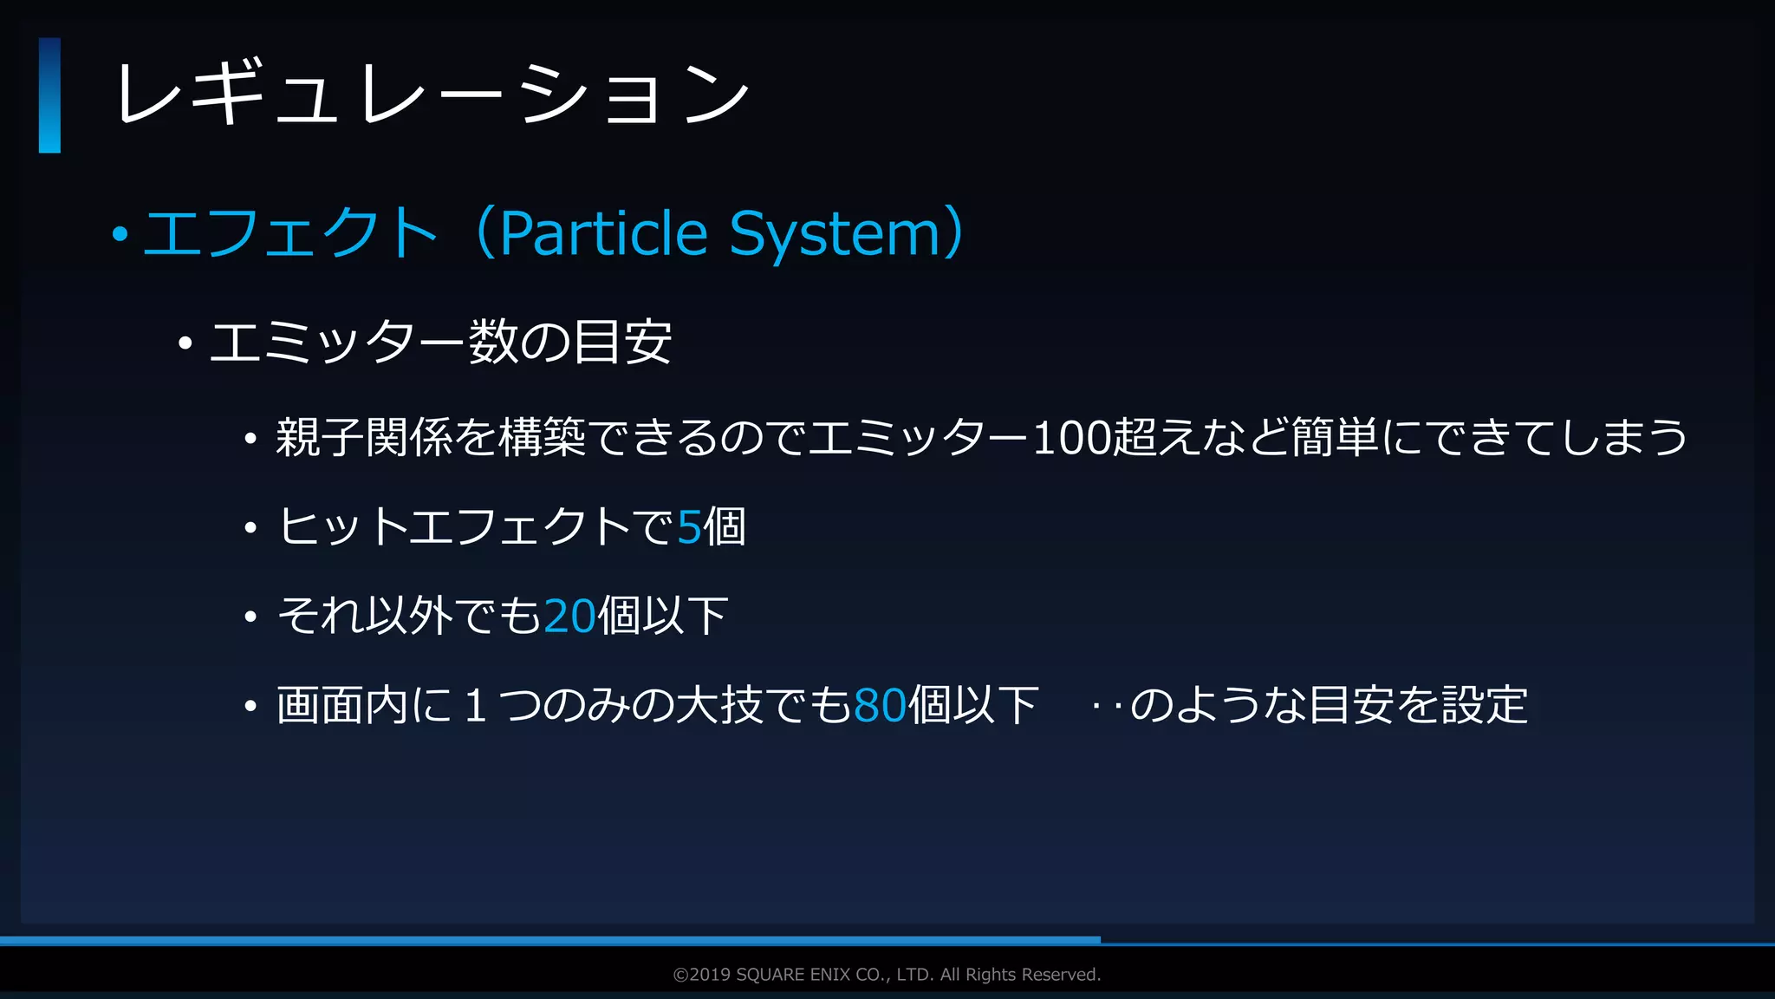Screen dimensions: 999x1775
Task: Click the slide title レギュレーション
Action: (x=431, y=94)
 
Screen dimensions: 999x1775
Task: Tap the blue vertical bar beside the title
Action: (x=49, y=95)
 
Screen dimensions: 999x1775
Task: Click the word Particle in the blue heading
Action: (x=604, y=233)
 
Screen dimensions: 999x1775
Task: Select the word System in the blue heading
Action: (x=835, y=234)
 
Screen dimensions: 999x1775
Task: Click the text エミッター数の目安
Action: (x=440, y=343)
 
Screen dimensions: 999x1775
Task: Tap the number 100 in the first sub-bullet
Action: (x=1071, y=438)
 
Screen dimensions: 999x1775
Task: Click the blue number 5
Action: (x=689, y=526)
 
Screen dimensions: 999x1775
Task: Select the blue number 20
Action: (x=570, y=616)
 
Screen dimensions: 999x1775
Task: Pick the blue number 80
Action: (x=880, y=705)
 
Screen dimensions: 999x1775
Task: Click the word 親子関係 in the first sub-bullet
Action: (x=365, y=437)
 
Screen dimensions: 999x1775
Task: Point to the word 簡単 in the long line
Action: (x=1335, y=437)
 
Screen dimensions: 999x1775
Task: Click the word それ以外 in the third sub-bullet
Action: (x=365, y=616)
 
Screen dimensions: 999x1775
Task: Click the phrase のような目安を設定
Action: (x=1329, y=704)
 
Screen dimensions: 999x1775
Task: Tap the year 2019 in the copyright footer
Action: (x=711, y=975)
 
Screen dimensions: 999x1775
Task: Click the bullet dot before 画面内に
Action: (x=250, y=706)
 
